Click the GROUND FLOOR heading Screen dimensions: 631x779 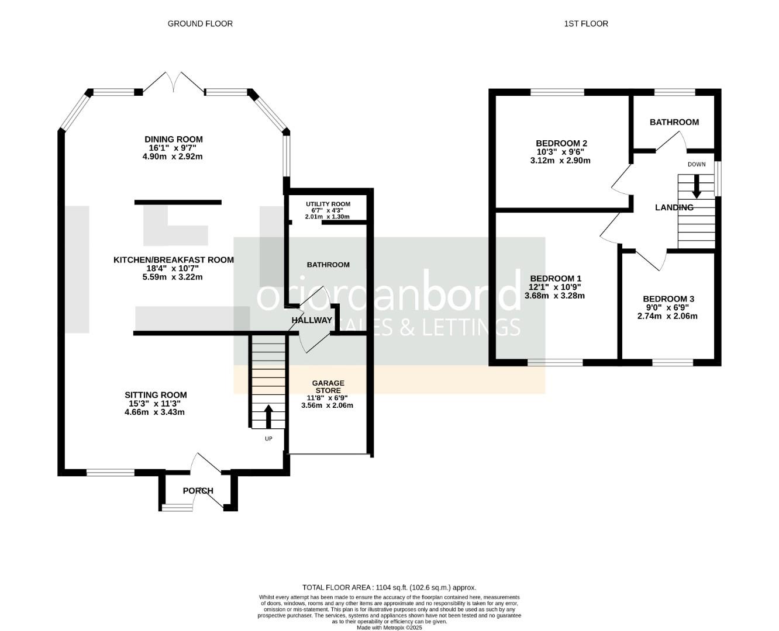coord(200,24)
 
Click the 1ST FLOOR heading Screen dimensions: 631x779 coord(586,24)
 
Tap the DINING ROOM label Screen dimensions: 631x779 coord(174,139)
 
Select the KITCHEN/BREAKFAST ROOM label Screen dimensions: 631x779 coord(174,260)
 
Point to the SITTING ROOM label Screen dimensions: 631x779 coord(156,395)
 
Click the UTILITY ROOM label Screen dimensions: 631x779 coord(328,204)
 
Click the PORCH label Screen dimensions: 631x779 coord(198,491)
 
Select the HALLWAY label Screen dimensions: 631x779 coord(312,320)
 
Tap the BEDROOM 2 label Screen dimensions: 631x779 coord(561,143)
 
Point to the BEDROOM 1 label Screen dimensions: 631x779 coord(556,279)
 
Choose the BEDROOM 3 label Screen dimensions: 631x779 coord(667,299)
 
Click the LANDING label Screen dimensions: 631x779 coord(674,207)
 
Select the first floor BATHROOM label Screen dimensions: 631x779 coord(674,122)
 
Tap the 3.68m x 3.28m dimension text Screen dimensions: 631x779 coord(554,296)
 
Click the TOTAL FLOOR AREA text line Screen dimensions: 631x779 coord(389,587)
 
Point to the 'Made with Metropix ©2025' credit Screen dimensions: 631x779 coord(389,627)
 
